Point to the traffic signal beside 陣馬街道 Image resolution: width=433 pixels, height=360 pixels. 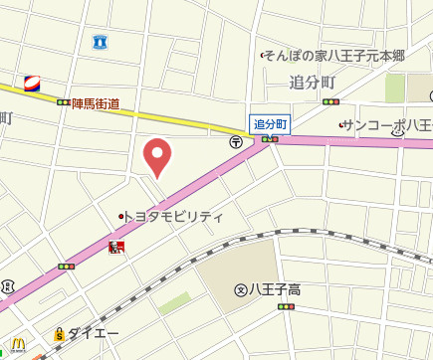[x=64, y=101]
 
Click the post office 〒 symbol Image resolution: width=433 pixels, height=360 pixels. [x=236, y=142]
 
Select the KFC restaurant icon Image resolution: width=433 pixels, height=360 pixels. [x=116, y=246]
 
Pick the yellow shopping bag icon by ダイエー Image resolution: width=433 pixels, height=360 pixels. [x=61, y=334]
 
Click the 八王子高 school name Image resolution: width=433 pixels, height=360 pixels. [x=274, y=290]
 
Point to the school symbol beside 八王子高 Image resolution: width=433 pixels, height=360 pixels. [x=240, y=290]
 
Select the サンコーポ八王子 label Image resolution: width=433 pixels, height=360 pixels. [x=388, y=125]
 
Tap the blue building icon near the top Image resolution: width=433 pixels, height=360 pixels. [x=100, y=41]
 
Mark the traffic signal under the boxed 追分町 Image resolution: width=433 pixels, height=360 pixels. [x=269, y=140]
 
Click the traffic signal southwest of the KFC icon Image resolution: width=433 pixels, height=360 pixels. [x=67, y=267]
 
